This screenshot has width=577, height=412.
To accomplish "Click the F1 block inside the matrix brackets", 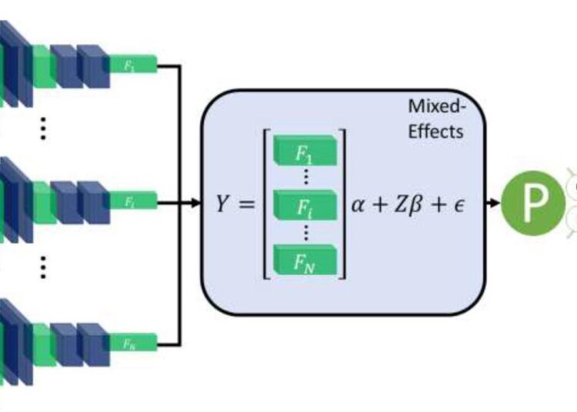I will [x=305, y=152].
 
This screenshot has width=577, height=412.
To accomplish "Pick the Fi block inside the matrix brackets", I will [x=305, y=205].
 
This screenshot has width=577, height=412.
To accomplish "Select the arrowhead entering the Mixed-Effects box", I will [x=195, y=204].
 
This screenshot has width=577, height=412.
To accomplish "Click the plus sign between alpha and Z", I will [x=385, y=204].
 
